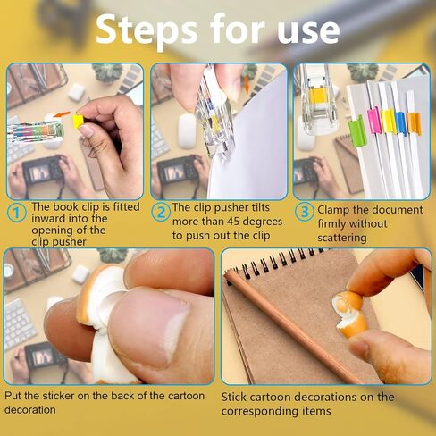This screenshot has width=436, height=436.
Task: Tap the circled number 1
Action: point(16,213)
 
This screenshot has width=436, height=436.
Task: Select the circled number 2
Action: point(161,213)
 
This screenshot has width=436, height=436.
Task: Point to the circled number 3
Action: point(305,212)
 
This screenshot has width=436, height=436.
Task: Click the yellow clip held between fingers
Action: point(78,122)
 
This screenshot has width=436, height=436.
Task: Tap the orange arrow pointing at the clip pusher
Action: point(62,115)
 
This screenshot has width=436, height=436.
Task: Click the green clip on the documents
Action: point(357,131)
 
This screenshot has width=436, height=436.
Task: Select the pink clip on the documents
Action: point(373,121)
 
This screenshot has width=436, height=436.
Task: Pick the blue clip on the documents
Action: point(400,123)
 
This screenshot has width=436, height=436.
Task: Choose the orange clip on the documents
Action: point(414,122)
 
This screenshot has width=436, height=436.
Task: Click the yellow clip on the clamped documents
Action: point(388,122)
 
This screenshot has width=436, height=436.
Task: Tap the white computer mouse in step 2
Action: point(187,130)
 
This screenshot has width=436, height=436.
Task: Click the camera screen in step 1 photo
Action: point(40,173)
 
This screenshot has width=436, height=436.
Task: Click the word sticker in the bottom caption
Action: point(58,396)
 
